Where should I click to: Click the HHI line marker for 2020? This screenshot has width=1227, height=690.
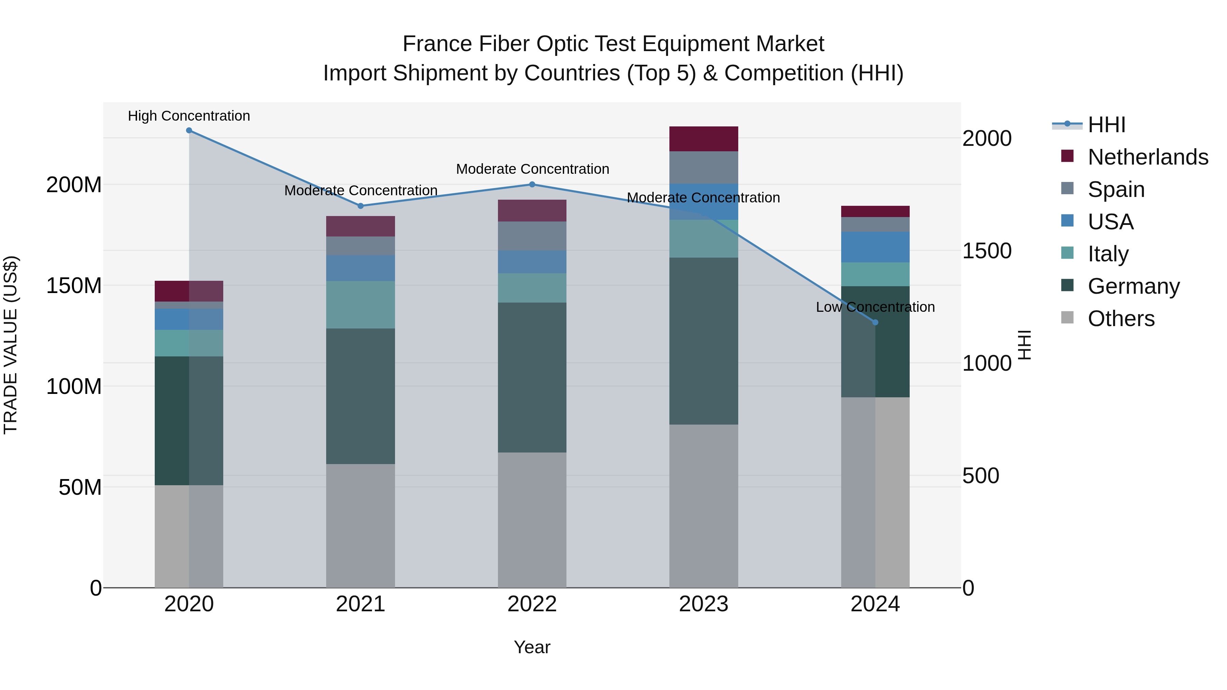[x=189, y=131]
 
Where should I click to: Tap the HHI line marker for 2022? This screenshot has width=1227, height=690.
[x=532, y=184]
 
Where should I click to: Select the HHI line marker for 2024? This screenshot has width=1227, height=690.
[x=875, y=322]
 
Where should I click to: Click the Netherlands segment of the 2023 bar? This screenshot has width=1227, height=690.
[x=703, y=139]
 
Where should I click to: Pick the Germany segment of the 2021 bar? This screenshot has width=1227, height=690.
[x=361, y=396]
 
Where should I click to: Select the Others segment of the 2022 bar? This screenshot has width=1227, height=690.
[x=532, y=520]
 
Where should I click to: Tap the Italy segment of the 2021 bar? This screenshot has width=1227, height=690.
[x=361, y=305]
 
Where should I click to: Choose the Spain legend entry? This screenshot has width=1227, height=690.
[x=1116, y=189]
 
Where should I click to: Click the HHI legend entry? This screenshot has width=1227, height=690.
[x=1106, y=125]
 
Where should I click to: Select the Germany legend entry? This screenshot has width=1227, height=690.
[x=1133, y=286]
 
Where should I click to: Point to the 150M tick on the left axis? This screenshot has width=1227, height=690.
[x=74, y=286]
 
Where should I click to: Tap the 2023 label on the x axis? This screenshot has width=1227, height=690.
[x=703, y=604]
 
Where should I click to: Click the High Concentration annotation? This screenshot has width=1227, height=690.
[x=189, y=116]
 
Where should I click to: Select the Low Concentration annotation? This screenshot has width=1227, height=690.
[x=875, y=307]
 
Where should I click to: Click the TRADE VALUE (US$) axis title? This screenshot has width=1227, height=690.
[x=11, y=345]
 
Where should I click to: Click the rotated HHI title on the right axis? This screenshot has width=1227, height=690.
[x=1024, y=345]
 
